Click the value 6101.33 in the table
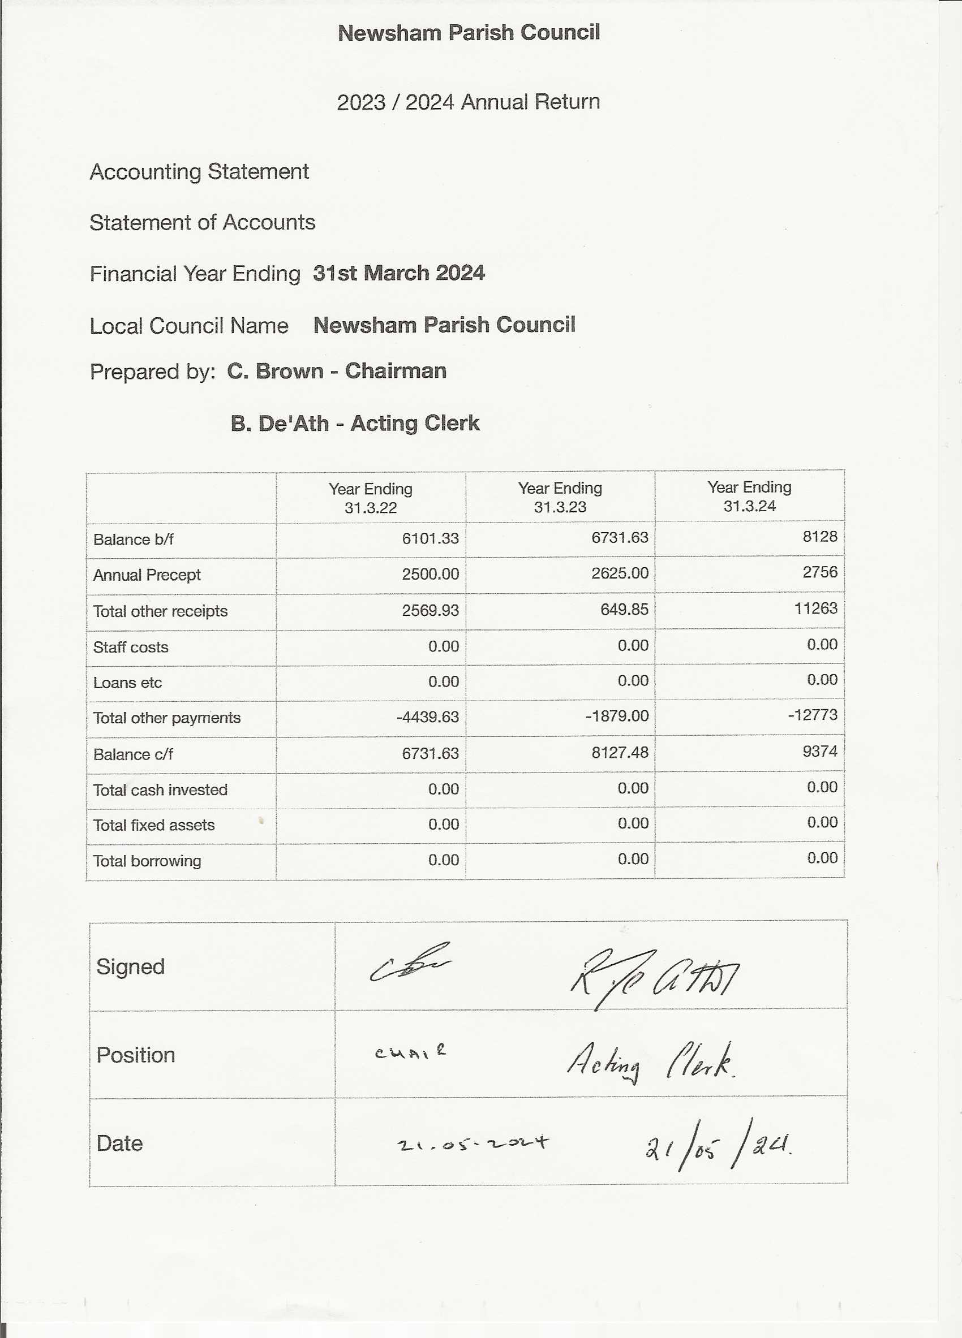(x=430, y=538)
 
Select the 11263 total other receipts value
(x=815, y=608)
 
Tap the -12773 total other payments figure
(x=812, y=715)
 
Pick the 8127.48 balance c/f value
(x=619, y=752)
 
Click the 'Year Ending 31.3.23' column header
(x=560, y=497)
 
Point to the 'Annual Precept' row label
(x=147, y=575)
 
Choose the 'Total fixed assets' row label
(x=154, y=825)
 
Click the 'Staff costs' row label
(x=130, y=647)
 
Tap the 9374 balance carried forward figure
(x=819, y=751)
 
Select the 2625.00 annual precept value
(x=619, y=573)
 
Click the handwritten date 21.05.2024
(x=472, y=1145)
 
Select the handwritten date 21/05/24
(x=717, y=1147)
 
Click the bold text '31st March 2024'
(x=398, y=273)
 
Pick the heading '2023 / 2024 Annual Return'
(x=468, y=102)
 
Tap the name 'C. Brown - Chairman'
(x=336, y=371)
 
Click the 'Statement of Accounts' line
(x=203, y=222)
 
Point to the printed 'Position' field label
(x=136, y=1055)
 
